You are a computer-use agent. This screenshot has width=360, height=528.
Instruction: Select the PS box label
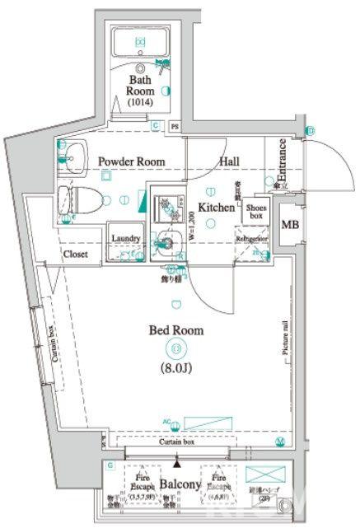[174, 127]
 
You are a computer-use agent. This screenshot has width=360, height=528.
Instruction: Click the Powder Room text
[132, 161]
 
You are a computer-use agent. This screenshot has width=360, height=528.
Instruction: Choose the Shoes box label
[253, 213]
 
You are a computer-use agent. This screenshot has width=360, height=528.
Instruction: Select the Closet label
[77, 255]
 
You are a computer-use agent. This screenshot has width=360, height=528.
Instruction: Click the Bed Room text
[175, 330]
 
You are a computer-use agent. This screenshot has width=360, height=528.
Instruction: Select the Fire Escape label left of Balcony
[141, 481]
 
